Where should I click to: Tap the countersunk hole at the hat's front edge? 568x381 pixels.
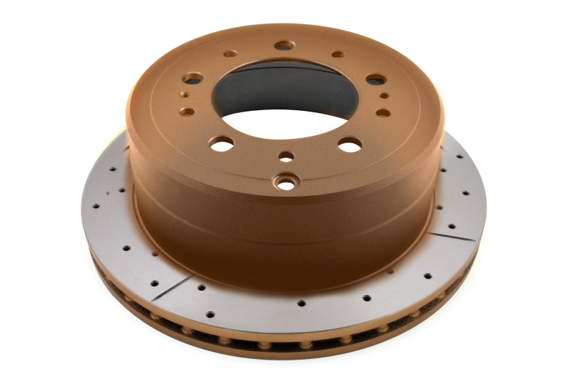(x=287, y=183)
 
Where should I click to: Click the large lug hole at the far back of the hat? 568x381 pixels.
(x=284, y=45)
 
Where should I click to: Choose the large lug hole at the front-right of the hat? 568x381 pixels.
(x=349, y=145)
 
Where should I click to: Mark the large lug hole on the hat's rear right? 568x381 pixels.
(x=376, y=80)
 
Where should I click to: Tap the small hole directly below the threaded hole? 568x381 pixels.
(x=187, y=111)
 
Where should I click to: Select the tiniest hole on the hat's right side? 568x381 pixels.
(x=384, y=95)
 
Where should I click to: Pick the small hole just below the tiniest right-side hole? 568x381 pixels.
(x=383, y=112)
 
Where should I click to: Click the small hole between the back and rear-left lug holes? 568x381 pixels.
(x=230, y=54)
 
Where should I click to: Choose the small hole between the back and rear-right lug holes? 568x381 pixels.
(x=338, y=54)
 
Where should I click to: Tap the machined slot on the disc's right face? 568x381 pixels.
(x=454, y=234)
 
